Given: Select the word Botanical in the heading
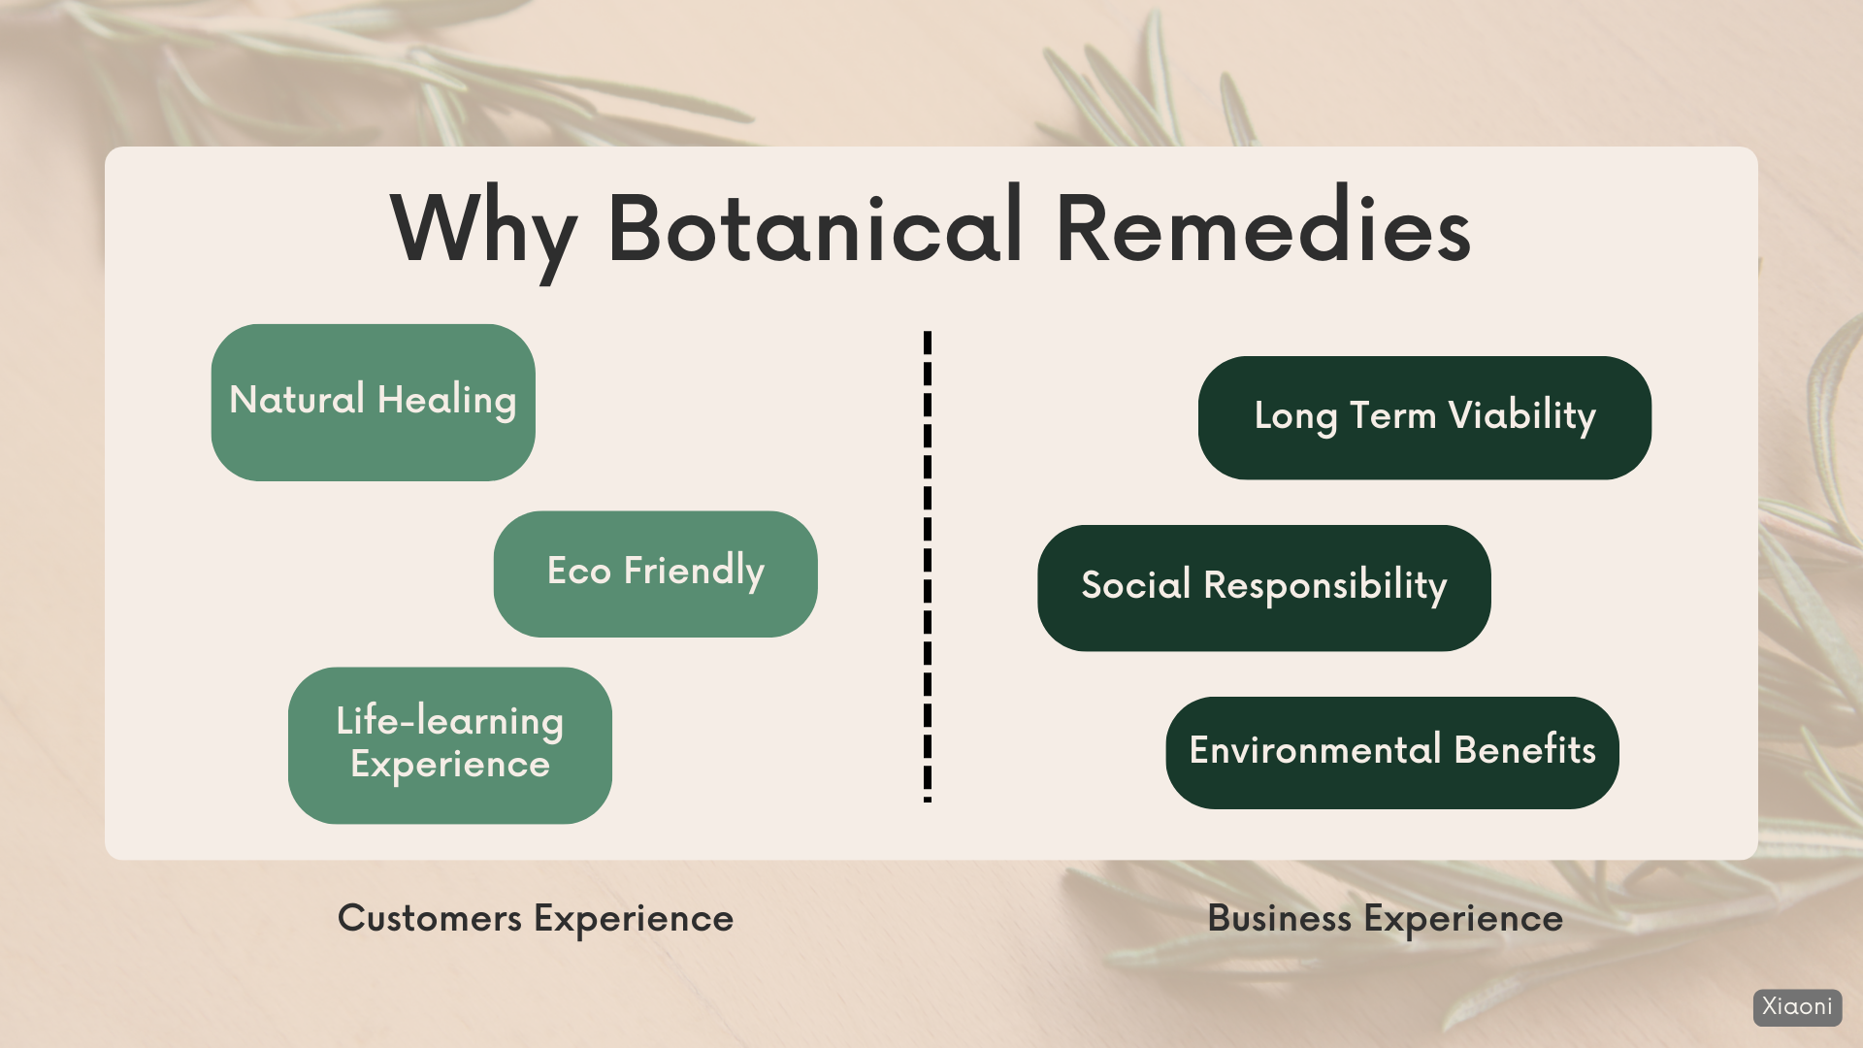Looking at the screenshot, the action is point(815,227).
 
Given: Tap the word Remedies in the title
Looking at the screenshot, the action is point(1263,227).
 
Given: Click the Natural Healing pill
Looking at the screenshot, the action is point(374,403).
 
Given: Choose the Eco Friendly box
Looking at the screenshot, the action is point(656,573).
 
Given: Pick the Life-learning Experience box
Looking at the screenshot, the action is point(450,745).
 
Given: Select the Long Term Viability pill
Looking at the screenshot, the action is point(1424,417).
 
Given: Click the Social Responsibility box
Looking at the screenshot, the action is point(1264,588).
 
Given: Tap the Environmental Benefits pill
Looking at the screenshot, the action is point(1392,753).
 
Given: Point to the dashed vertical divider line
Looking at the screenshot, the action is point(928,567).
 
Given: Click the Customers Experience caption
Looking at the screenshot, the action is point(536,918).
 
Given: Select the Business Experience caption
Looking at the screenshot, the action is point(1386,918).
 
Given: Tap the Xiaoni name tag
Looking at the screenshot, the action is point(1798,1007).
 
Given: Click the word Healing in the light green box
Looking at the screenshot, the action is point(447,401).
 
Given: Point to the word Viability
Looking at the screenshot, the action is point(1522,416).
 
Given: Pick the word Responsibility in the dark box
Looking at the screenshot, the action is point(1325,586).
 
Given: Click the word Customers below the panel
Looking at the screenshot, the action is point(430,918).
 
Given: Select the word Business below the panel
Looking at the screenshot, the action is point(1280,918).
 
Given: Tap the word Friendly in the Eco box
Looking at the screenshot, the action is point(695,572).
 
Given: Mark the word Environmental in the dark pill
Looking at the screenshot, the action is point(1316,750).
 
